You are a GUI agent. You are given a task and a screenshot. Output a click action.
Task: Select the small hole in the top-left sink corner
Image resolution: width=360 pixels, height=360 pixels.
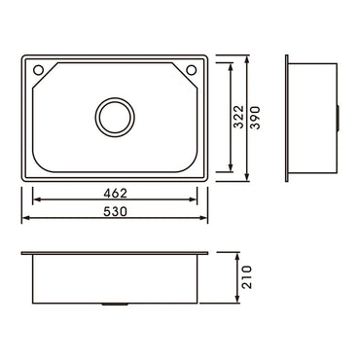pos(38,71)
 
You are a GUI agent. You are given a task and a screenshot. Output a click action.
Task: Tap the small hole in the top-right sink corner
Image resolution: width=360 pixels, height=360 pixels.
pos(192,71)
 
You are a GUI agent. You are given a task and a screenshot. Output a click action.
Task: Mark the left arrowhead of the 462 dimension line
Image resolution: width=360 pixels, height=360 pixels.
pos(35,201)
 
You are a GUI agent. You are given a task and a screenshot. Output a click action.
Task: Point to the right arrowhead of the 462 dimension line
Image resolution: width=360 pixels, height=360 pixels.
pos(195,201)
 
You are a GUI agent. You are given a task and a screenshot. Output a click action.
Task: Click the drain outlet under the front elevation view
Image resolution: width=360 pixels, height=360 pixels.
pos(115,306)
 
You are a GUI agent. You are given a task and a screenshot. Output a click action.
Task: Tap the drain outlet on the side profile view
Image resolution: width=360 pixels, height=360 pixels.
pos(338,117)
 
